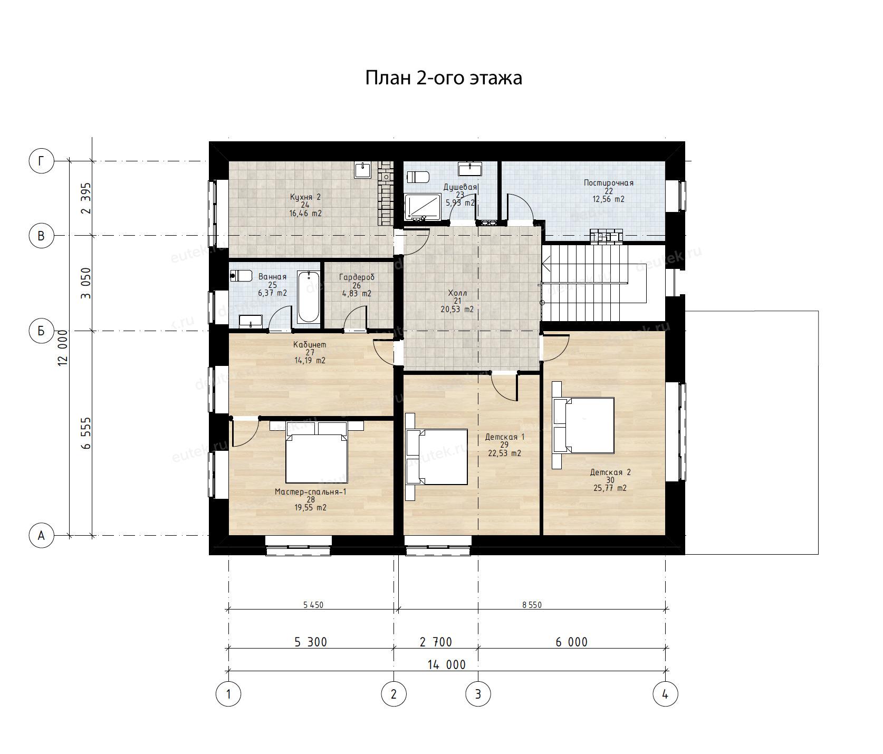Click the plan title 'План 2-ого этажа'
pyautogui.click(x=444, y=78)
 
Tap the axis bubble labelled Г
pyautogui.click(x=41, y=161)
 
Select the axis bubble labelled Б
pyautogui.click(x=41, y=331)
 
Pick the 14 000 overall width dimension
pyautogui.click(x=446, y=664)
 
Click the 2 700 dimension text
pyautogui.click(x=436, y=642)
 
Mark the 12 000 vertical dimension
pyautogui.click(x=63, y=348)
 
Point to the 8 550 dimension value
pyautogui.click(x=532, y=605)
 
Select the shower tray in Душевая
pyautogui.click(x=423, y=207)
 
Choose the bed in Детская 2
pyautogui.click(x=583, y=426)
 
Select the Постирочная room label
pyautogui.click(x=608, y=183)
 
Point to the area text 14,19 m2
pyautogui.click(x=310, y=361)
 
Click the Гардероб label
pyautogui.click(x=357, y=277)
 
